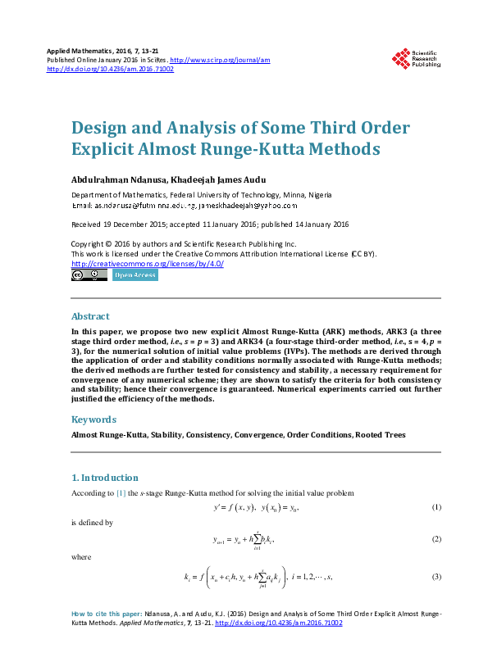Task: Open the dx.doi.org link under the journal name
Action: tap(111, 70)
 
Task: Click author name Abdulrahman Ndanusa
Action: tap(114, 179)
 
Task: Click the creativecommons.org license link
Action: tap(148, 264)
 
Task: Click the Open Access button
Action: tap(135, 276)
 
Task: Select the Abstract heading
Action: tap(90, 316)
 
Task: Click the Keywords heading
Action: tap(93, 419)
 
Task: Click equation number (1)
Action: tap(437, 508)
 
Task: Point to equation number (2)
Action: tap(437, 539)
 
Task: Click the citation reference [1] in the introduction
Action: tap(120, 493)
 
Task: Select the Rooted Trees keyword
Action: tap(380, 435)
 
